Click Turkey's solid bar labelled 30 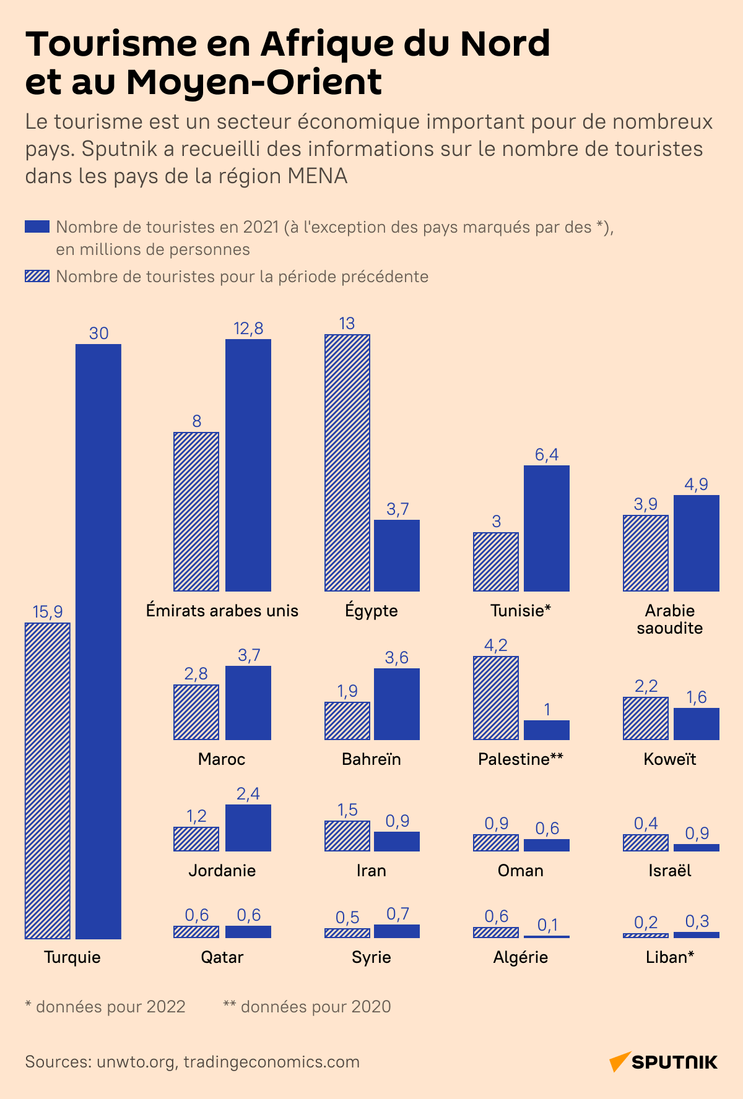(x=98, y=640)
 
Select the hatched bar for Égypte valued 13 (x=347, y=463)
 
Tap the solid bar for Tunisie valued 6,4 (x=547, y=528)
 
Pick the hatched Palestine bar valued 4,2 (x=496, y=697)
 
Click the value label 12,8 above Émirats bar (x=248, y=329)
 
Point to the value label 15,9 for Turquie (x=48, y=612)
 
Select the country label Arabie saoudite (x=670, y=619)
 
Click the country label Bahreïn (x=371, y=759)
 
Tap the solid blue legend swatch (x=37, y=226)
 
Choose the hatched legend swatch (x=37, y=276)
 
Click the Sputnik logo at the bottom (x=664, y=1062)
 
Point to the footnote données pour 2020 (x=308, y=1007)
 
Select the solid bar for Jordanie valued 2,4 (x=248, y=827)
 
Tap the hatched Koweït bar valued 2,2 (x=646, y=718)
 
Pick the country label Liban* (x=670, y=957)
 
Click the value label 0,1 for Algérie (x=547, y=925)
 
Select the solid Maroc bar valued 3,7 (x=248, y=702)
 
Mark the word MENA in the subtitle (x=318, y=176)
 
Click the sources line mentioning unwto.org (x=192, y=1062)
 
